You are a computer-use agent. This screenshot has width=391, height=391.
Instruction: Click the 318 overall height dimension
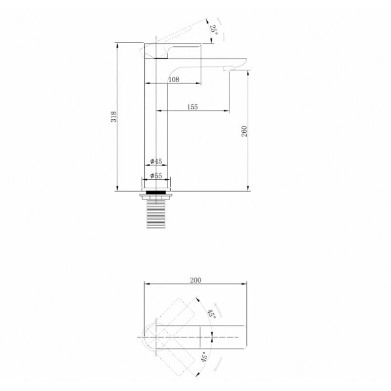(x=113, y=117)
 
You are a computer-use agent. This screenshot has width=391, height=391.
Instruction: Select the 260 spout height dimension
(x=244, y=131)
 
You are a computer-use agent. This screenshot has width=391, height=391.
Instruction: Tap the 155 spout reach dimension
(x=192, y=107)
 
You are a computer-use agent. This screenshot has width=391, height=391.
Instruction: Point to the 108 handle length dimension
(x=174, y=79)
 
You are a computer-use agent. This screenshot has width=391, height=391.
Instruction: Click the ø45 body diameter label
(x=156, y=161)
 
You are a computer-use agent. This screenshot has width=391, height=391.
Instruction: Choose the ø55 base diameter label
(x=156, y=175)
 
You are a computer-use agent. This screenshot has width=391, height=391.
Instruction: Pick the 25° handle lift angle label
(x=214, y=30)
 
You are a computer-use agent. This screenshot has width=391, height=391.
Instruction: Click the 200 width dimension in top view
(x=195, y=280)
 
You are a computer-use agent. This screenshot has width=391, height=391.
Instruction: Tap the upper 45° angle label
(x=212, y=313)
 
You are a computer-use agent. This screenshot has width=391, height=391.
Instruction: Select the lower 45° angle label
(x=204, y=357)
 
